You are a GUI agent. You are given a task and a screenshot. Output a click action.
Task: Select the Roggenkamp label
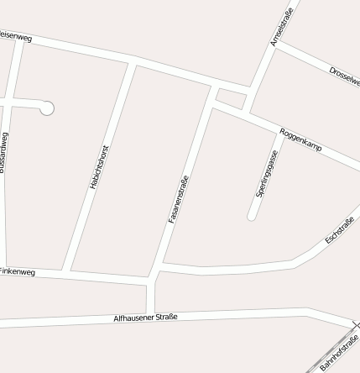300,139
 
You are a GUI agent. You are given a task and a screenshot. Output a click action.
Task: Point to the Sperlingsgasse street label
267,174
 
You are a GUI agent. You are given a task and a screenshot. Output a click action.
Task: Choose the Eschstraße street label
340,230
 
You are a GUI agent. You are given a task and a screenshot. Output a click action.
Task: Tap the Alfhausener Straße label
146,318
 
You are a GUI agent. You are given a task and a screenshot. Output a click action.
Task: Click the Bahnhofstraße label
341,352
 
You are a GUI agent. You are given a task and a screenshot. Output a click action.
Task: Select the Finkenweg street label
17,272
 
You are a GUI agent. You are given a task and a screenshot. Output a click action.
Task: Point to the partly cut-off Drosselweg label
345,76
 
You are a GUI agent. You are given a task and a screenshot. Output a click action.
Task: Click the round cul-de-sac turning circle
47,108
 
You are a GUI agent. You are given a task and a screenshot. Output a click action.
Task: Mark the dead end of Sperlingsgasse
251,217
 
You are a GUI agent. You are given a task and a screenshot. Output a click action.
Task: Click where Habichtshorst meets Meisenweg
132,61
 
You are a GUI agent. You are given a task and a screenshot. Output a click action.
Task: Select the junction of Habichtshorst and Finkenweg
66,271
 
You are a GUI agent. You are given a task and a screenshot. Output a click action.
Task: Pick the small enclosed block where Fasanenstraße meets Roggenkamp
230,98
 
